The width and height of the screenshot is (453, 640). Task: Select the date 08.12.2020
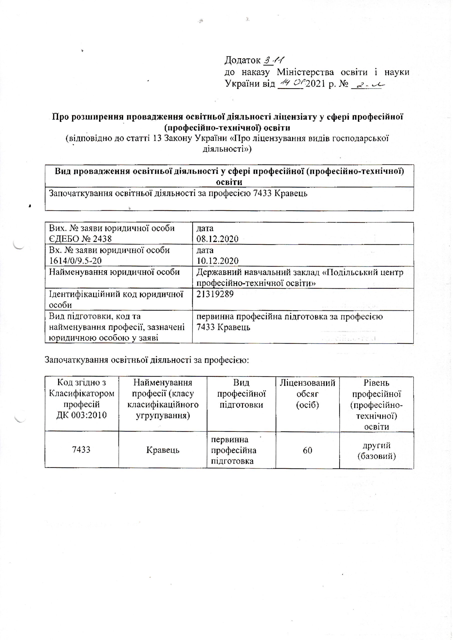tap(217, 239)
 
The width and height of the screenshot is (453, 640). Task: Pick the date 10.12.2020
tap(217, 261)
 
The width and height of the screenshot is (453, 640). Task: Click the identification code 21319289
tap(215, 294)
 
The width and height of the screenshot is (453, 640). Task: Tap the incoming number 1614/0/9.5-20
tap(75, 261)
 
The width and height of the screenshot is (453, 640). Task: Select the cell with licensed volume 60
tap(307, 450)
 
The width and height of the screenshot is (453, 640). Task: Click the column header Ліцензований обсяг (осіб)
tap(307, 394)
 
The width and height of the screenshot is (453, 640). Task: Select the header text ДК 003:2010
tap(82, 415)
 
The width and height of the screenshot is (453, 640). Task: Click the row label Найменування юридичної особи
tap(114, 272)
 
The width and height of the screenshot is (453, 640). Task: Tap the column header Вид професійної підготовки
tap(241, 394)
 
